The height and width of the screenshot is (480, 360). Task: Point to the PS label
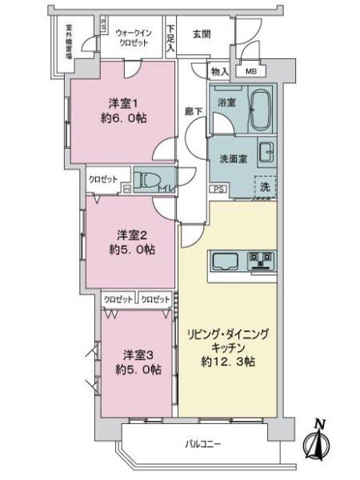pyautogui.click(x=217, y=189)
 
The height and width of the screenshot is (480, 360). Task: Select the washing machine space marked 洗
pyautogui.click(x=263, y=186)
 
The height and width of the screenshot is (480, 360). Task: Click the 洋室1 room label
pyautogui.click(x=124, y=104)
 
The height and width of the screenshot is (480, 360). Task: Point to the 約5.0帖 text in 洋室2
pyautogui.click(x=134, y=249)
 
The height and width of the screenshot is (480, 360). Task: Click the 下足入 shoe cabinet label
pyautogui.click(x=170, y=38)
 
